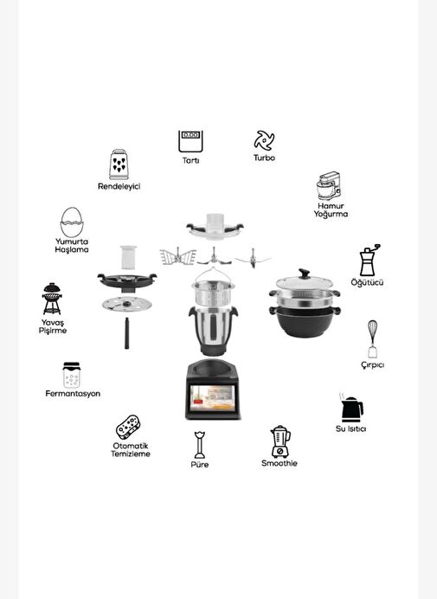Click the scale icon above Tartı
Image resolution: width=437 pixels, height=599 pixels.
point(190,142)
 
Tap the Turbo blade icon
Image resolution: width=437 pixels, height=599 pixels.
point(264,140)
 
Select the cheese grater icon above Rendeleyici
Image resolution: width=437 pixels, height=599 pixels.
point(119,164)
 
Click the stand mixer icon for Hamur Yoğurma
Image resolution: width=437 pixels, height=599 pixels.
point(329,186)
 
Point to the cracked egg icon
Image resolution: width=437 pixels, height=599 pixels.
point(72,222)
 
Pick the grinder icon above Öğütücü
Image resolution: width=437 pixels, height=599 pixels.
point(369,260)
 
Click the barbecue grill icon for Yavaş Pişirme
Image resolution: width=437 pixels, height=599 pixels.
point(52,299)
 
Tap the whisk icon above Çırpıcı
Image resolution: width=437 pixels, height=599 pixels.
point(372,339)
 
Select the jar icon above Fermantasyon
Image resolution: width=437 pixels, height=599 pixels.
point(72,375)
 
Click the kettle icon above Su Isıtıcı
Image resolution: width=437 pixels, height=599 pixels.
point(351,408)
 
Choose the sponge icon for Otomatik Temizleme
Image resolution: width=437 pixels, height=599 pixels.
point(128,427)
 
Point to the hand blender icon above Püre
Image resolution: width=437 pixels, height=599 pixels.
point(199,445)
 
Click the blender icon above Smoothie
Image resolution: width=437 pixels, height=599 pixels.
point(280,441)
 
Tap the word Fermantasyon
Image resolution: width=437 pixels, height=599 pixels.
point(73,394)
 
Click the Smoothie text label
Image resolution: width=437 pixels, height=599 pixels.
point(280,463)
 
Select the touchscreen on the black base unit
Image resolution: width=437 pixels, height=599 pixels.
point(212,397)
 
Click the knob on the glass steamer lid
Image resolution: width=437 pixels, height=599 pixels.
point(304,274)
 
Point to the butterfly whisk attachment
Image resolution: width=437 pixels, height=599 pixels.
point(177,256)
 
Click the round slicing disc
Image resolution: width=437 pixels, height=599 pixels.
point(127,305)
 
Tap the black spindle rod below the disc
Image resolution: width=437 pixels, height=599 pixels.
point(126,333)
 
